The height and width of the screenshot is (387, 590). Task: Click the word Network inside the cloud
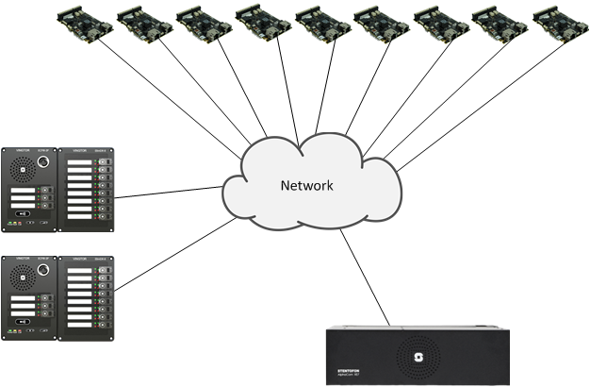point(306,186)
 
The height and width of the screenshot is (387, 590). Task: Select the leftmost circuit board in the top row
point(85,23)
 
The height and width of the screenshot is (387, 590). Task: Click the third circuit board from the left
point(204,23)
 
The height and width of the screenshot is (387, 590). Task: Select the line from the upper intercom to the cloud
point(170,192)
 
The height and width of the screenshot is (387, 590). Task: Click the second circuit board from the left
point(144,23)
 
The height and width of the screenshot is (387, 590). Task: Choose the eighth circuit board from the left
point(500,23)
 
